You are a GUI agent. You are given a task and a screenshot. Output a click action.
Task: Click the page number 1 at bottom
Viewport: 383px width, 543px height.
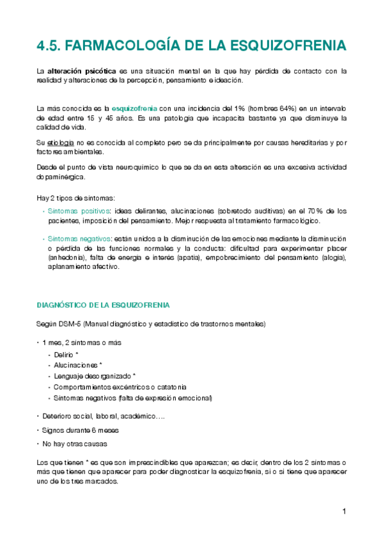point(344,511)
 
